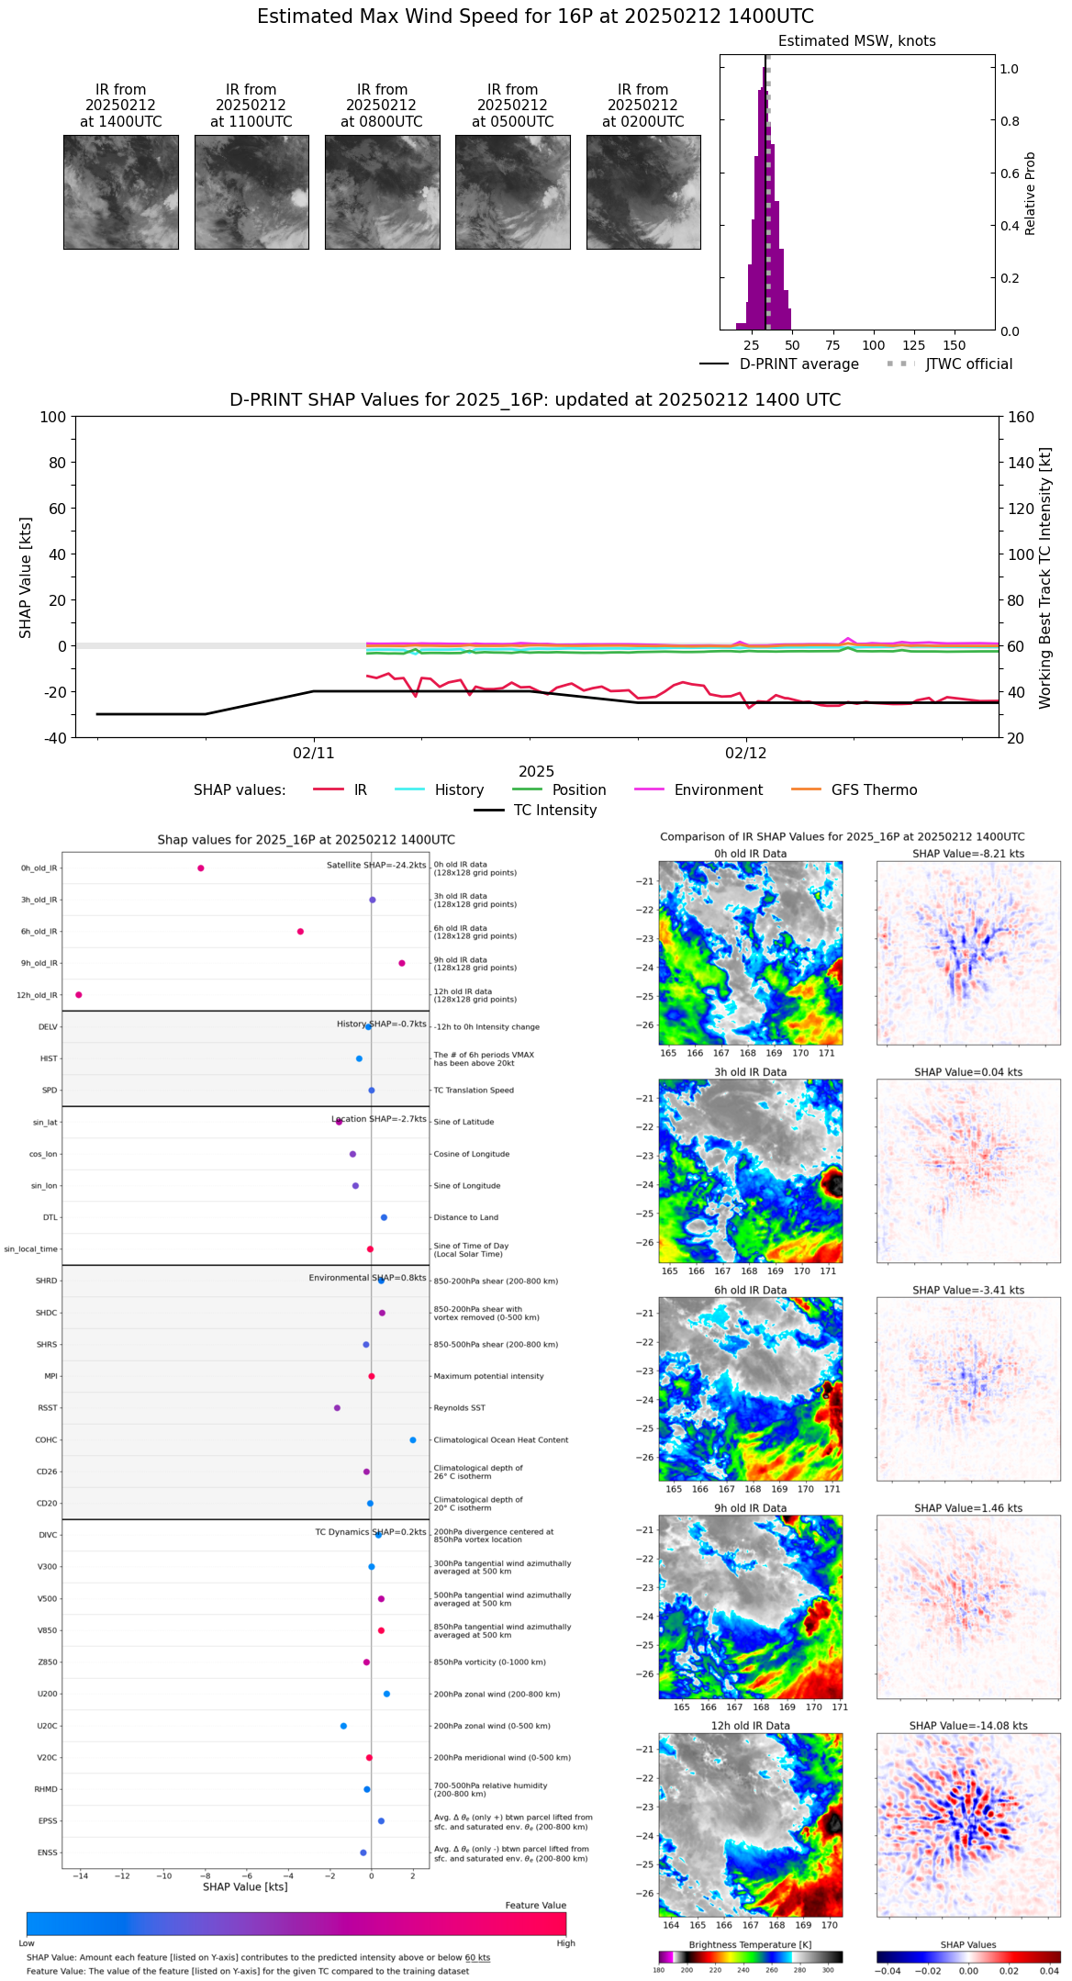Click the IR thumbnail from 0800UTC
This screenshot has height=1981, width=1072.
tap(382, 192)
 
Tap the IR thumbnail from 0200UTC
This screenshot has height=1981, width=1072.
tap(643, 192)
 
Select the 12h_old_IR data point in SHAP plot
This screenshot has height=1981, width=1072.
tap(79, 994)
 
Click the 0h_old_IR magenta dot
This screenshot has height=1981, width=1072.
tap(201, 867)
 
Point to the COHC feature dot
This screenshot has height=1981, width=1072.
tap(413, 1439)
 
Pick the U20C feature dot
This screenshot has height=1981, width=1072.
tap(343, 1726)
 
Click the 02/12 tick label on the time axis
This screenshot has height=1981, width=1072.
tap(745, 754)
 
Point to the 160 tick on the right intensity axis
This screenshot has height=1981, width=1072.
tap(1021, 418)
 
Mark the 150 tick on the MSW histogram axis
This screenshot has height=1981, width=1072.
tap(955, 346)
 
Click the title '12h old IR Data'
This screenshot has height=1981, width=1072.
tap(750, 1726)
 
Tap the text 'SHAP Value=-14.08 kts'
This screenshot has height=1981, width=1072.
tap(968, 1726)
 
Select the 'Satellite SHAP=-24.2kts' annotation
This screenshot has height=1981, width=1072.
tap(376, 865)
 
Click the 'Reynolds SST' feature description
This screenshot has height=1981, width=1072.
tap(459, 1407)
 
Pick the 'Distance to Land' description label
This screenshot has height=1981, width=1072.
tap(466, 1217)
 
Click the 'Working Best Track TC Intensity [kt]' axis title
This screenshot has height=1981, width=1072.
tap(1045, 578)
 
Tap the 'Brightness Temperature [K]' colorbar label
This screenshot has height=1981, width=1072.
tap(750, 1944)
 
